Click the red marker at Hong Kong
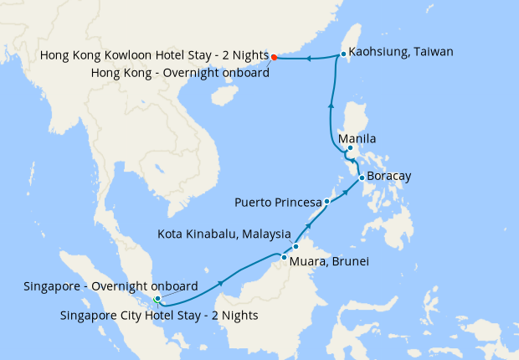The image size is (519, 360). (x=275, y=58)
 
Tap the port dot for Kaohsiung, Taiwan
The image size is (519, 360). (x=343, y=54)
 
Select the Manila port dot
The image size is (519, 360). (x=350, y=149)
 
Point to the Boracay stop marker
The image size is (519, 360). (x=361, y=177)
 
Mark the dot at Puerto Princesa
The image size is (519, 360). (x=327, y=202)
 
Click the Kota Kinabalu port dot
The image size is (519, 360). (x=295, y=247)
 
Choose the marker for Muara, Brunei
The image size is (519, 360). (x=285, y=258)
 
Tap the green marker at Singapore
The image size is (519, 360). (x=157, y=298)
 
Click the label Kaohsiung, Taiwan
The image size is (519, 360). (x=401, y=51)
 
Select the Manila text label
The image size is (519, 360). (x=357, y=138)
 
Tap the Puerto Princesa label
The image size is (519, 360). (x=278, y=202)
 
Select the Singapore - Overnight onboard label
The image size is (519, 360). (x=110, y=285)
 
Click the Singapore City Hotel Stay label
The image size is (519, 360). (x=159, y=316)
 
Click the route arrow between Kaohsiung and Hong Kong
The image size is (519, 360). (x=308, y=59)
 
